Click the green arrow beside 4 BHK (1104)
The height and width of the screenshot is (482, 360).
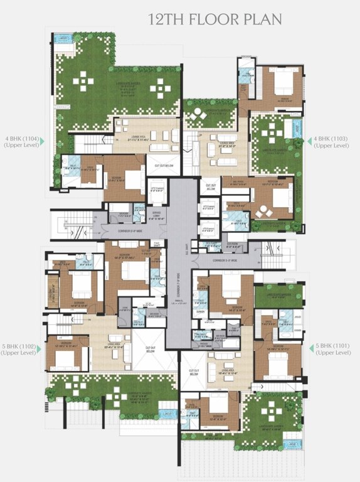pos(45,142)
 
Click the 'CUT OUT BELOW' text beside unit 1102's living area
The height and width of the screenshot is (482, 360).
pos(151,350)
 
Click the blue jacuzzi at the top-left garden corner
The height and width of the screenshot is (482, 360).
pos(63,38)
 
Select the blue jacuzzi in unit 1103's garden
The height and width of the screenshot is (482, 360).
pos(290,129)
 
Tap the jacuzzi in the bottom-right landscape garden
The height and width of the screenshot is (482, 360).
pos(290,444)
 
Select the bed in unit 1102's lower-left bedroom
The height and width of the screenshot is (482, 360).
pos(65,360)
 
